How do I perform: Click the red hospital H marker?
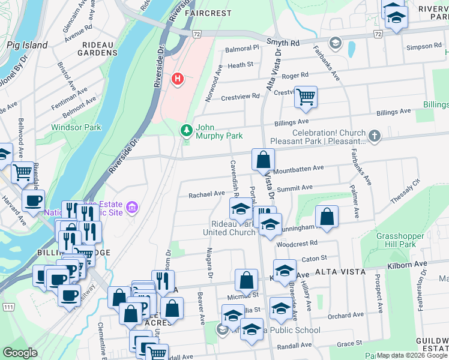point(177,79)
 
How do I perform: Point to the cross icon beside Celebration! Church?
point(375,136)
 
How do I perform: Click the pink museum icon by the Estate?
point(133,208)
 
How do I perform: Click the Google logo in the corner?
point(20,353)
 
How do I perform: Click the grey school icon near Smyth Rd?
point(334,43)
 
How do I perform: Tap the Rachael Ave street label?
point(206,194)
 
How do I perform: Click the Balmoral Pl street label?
point(241,49)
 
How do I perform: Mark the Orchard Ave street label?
point(346,316)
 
